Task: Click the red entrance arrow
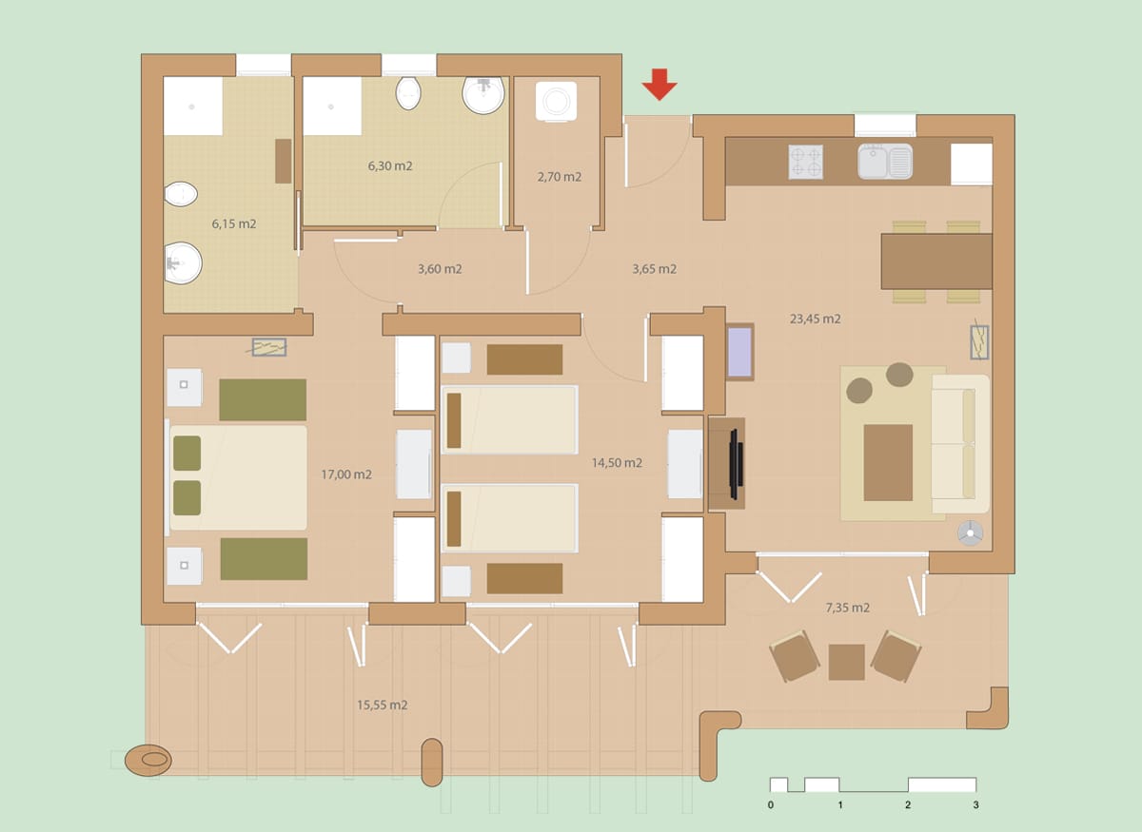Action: click(660, 85)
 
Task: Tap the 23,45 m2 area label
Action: click(815, 319)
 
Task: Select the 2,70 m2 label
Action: click(559, 177)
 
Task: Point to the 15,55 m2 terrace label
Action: click(382, 705)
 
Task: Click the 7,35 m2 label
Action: click(847, 608)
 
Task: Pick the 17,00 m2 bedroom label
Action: click(346, 474)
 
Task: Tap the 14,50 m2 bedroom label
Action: click(617, 463)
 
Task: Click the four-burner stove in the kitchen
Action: click(805, 162)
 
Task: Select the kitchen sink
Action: click(885, 162)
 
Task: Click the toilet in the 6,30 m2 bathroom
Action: click(408, 93)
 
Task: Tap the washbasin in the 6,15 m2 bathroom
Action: click(183, 262)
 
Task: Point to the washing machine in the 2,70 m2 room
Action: click(556, 102)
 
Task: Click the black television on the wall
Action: click(737, 464)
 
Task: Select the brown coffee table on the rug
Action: click(888, 463)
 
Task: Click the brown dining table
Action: click(936, 261)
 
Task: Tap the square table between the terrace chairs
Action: click(846, 663)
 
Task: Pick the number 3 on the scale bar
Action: click(975, 805)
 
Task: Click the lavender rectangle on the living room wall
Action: click(739, 352)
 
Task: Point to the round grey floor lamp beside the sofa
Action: click(970, 533)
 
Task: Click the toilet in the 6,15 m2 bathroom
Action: click(181, 194)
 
